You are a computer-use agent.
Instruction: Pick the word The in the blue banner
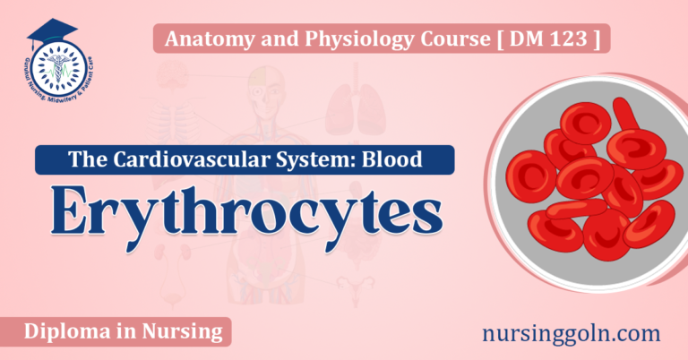tap(83, 160)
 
